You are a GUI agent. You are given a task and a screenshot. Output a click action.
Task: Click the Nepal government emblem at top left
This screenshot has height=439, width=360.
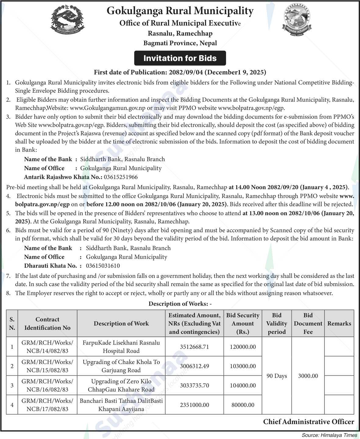[x=66, y=20]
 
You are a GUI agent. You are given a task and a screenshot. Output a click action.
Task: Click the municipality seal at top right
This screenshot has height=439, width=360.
[x=298, y=20]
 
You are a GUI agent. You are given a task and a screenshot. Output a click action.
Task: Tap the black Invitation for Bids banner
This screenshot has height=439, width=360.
[x=180, y=58]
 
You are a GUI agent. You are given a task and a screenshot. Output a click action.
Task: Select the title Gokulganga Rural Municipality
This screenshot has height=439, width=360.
[x=180, y=11]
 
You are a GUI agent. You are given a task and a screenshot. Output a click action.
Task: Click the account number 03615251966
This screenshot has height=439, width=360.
[x=121, y=177]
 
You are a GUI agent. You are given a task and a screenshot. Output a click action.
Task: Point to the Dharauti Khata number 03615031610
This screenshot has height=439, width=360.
[x=103, y=266]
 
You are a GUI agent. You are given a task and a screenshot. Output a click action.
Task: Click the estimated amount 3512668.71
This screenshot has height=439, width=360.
[x=194, y=347]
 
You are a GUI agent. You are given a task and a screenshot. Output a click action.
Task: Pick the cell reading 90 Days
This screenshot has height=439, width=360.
[x=276, y=376]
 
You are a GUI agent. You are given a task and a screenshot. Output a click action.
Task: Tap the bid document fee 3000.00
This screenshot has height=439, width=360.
[x=308, y=376]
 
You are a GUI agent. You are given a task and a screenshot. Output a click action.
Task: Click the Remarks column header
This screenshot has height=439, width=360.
[x=339, y=324]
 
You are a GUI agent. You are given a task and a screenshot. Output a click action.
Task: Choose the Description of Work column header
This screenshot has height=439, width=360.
[x=121, y=324]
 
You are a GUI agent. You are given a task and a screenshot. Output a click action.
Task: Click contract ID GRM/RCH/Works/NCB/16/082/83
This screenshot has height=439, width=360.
[x=47, y=385]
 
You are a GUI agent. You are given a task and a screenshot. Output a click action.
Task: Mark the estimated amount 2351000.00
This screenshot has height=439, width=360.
[x=194, y=405]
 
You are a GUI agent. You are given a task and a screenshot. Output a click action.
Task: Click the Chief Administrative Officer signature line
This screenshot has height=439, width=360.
[x=308, y=422]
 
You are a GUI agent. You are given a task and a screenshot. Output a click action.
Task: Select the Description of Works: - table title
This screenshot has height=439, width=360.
[x=180, y=304]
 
